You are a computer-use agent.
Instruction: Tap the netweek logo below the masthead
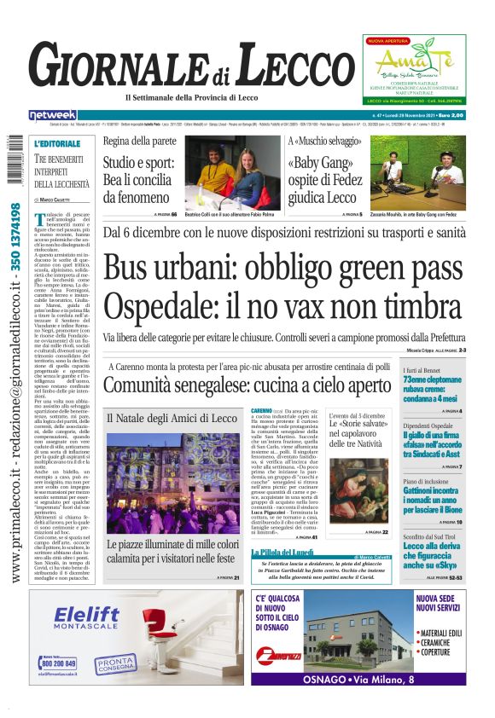tap(52, 115)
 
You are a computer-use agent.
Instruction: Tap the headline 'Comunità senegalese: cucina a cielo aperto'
tap(247, 385)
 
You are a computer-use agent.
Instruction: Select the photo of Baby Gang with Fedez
tap(417, 173)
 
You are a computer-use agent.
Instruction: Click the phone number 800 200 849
tap(58, 663)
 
